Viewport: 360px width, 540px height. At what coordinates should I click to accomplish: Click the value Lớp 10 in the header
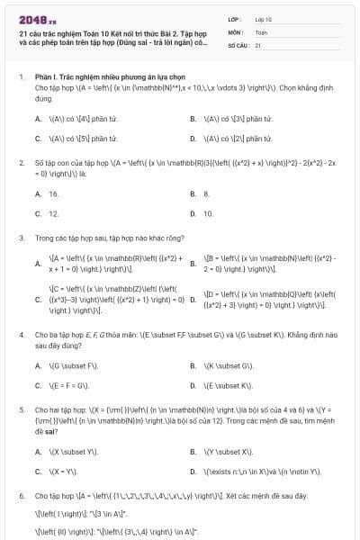click(x=263, y=18)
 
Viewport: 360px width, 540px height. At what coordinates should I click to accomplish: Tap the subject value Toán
click(x=260, y=31)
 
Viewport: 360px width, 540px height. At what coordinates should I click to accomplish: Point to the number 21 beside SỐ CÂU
click(x=257, y=44)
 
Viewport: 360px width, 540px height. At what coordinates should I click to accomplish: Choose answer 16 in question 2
click(x=54, y=193)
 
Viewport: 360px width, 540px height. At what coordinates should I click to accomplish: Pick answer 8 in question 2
click(x=207, y=193)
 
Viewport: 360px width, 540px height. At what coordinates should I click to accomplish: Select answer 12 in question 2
click(x=54, y=214)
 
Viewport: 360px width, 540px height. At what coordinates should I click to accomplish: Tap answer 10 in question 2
click(x=208, y=214)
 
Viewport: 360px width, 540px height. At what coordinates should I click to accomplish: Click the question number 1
click(x=21, y=77)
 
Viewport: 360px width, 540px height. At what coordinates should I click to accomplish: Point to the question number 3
click(x=21, y=238)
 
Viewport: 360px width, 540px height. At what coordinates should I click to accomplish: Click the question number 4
click(x=21, y=333)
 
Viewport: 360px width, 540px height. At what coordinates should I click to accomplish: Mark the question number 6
click(x=21, y=496)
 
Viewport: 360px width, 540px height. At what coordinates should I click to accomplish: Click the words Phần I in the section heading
click(x=45, y=77)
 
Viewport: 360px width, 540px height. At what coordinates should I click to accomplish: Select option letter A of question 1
click(x=38, y=118)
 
